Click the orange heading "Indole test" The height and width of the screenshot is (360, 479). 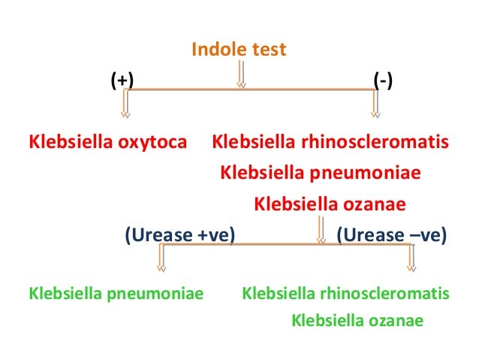coord(239,50)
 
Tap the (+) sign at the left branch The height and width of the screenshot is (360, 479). coord(119,80)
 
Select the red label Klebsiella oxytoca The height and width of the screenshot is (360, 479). coord(107,141)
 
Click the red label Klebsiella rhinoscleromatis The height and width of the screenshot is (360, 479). coord(331,141)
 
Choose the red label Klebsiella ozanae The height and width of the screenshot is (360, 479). coord(330,204)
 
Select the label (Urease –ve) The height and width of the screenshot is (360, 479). coord(391,237)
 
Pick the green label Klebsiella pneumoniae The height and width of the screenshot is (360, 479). coord(116,292)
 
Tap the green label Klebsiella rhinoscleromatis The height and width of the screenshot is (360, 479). coord(346,292)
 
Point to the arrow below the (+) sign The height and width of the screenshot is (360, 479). coord(126,105)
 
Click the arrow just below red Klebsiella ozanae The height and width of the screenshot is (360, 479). coord(321,229)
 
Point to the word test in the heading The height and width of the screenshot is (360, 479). coord(270,50)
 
